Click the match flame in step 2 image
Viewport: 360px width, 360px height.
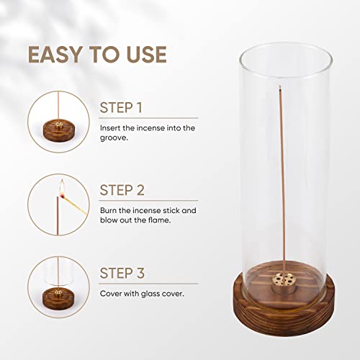tap(62, 190)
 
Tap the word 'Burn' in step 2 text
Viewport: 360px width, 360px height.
tap(109, 210)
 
